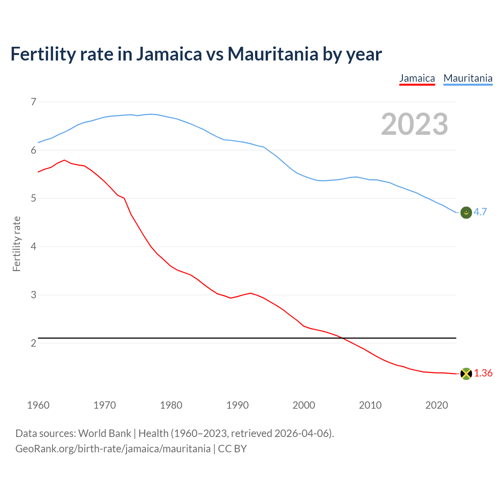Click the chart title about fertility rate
point(196,54)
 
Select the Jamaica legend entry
point(417,78)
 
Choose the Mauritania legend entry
point(468,78)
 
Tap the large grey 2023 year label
point(414,124)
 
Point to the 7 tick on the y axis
point(33,102)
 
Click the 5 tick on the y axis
point(33,198)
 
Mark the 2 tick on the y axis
point(33,343)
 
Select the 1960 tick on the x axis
point(38,405)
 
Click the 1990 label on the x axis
point(237,405)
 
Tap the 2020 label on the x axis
point(437,405)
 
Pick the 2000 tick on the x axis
point(304,405)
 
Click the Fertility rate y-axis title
point(17,244)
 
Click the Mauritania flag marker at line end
point(466,213)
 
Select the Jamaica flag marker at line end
point(466,374)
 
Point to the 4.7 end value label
point(480,212)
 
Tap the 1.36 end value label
point(483,373)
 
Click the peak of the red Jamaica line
point(64,160)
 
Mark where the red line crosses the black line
point(343,338)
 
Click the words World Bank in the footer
point(105,433)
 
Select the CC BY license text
point(232,449)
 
